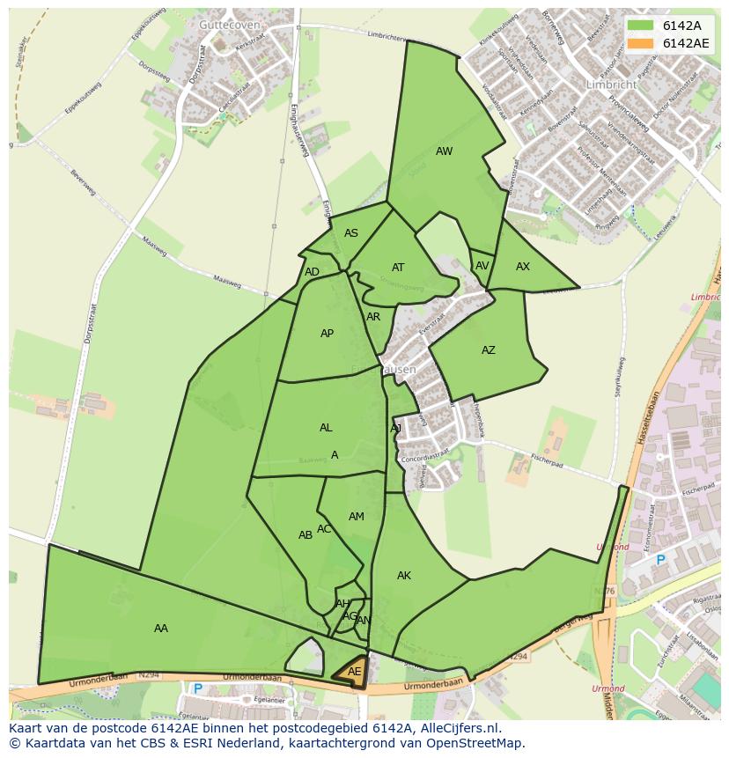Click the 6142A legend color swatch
coord(640,26)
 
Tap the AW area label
coord(444,151)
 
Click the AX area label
coord(523,267)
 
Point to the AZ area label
coord(489,350)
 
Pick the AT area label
coord(398,268)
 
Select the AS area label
coord(351,233)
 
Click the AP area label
coord(327,334)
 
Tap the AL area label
coord(326,428)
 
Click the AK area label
coord(404,576)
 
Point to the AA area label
coord(161,629)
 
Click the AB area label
coord(306,535)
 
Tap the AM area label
coord(357,517)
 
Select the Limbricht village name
coord(611,85)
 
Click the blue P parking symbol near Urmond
coord(660,560)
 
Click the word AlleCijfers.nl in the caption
coord(458,729)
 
